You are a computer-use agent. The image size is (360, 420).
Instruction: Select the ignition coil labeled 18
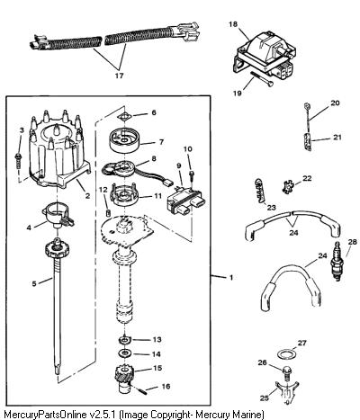coord(263,58)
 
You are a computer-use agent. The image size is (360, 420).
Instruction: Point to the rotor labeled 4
coord(58,214)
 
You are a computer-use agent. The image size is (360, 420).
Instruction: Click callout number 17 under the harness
coord(119,76)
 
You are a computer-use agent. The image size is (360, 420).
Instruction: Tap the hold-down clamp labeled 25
coord(286,393)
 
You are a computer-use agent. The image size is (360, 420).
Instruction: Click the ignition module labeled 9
coord(185,201)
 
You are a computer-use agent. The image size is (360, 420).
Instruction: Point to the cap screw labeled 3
coord(19,160)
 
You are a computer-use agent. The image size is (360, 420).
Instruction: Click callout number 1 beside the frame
coord(231,278)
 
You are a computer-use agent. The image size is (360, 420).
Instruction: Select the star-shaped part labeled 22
coord(288,187)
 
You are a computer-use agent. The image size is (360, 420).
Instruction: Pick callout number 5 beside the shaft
coord(34,283)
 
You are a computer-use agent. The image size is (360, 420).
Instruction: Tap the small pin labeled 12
coord(109,213)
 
